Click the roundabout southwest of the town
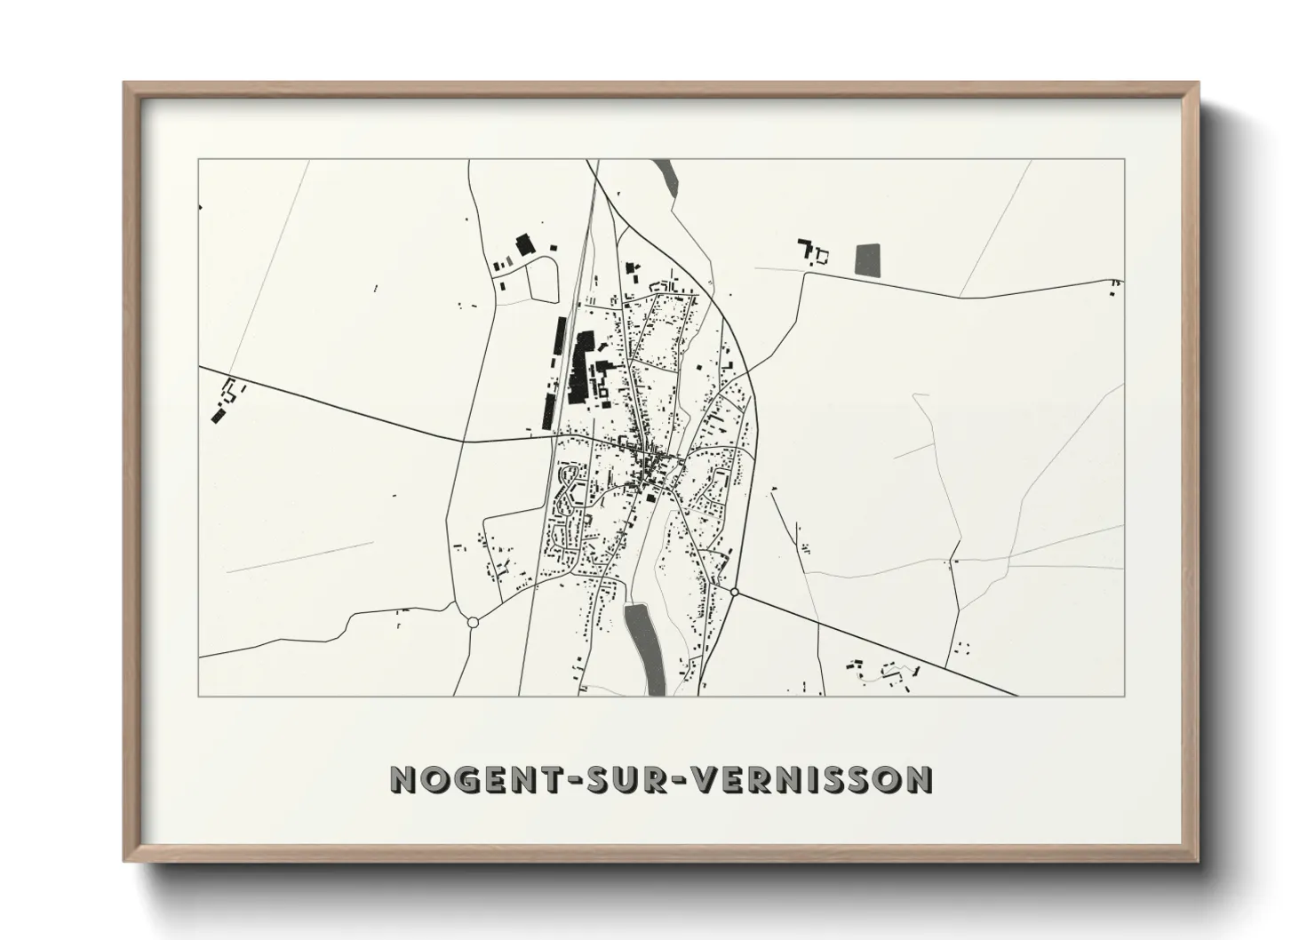coord(473,623)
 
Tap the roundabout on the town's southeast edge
coord(735,592)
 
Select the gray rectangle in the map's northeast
coord(867,259)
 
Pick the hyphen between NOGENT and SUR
coord(562,780)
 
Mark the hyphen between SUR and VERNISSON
coord(680,780)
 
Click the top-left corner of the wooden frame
coord(125,84)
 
